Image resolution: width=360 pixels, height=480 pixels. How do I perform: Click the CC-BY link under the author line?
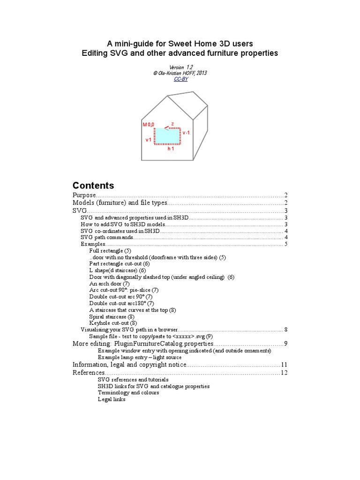tap(180, 79)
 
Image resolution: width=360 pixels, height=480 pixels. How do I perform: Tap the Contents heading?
tap(93, 185)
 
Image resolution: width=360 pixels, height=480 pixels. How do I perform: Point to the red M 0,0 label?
tap(148, 125)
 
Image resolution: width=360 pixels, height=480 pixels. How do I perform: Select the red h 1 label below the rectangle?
tap(171, 149)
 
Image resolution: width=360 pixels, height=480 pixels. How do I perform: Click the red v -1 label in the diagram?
tap(186, 133)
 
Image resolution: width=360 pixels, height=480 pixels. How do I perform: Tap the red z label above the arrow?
tap(172, 124)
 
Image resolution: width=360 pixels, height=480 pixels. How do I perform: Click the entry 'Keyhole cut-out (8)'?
tap(113, 323)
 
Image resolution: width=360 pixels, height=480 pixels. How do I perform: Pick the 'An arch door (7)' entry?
tap(109, 284)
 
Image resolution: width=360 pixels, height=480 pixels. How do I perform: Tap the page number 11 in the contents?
tap(284, 364)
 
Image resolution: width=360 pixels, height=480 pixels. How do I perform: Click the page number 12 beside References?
tap(284, 373)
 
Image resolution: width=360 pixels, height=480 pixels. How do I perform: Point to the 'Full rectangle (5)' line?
tap(110, 251)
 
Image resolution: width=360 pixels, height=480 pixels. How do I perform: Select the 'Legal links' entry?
tap(112, 399)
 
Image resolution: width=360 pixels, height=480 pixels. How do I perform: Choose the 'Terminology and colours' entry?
tap(128, 393)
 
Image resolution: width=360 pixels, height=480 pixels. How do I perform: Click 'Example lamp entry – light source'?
tap(140, 357)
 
